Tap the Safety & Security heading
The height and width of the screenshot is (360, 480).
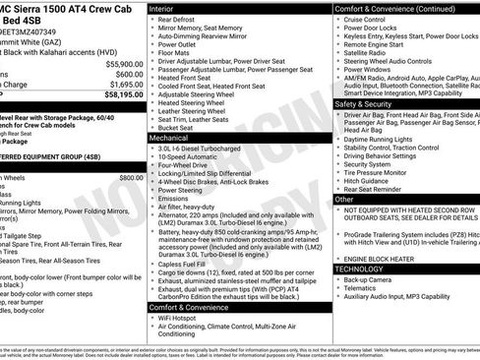point(369,102)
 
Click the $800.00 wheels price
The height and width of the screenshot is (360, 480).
point(131,177)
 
